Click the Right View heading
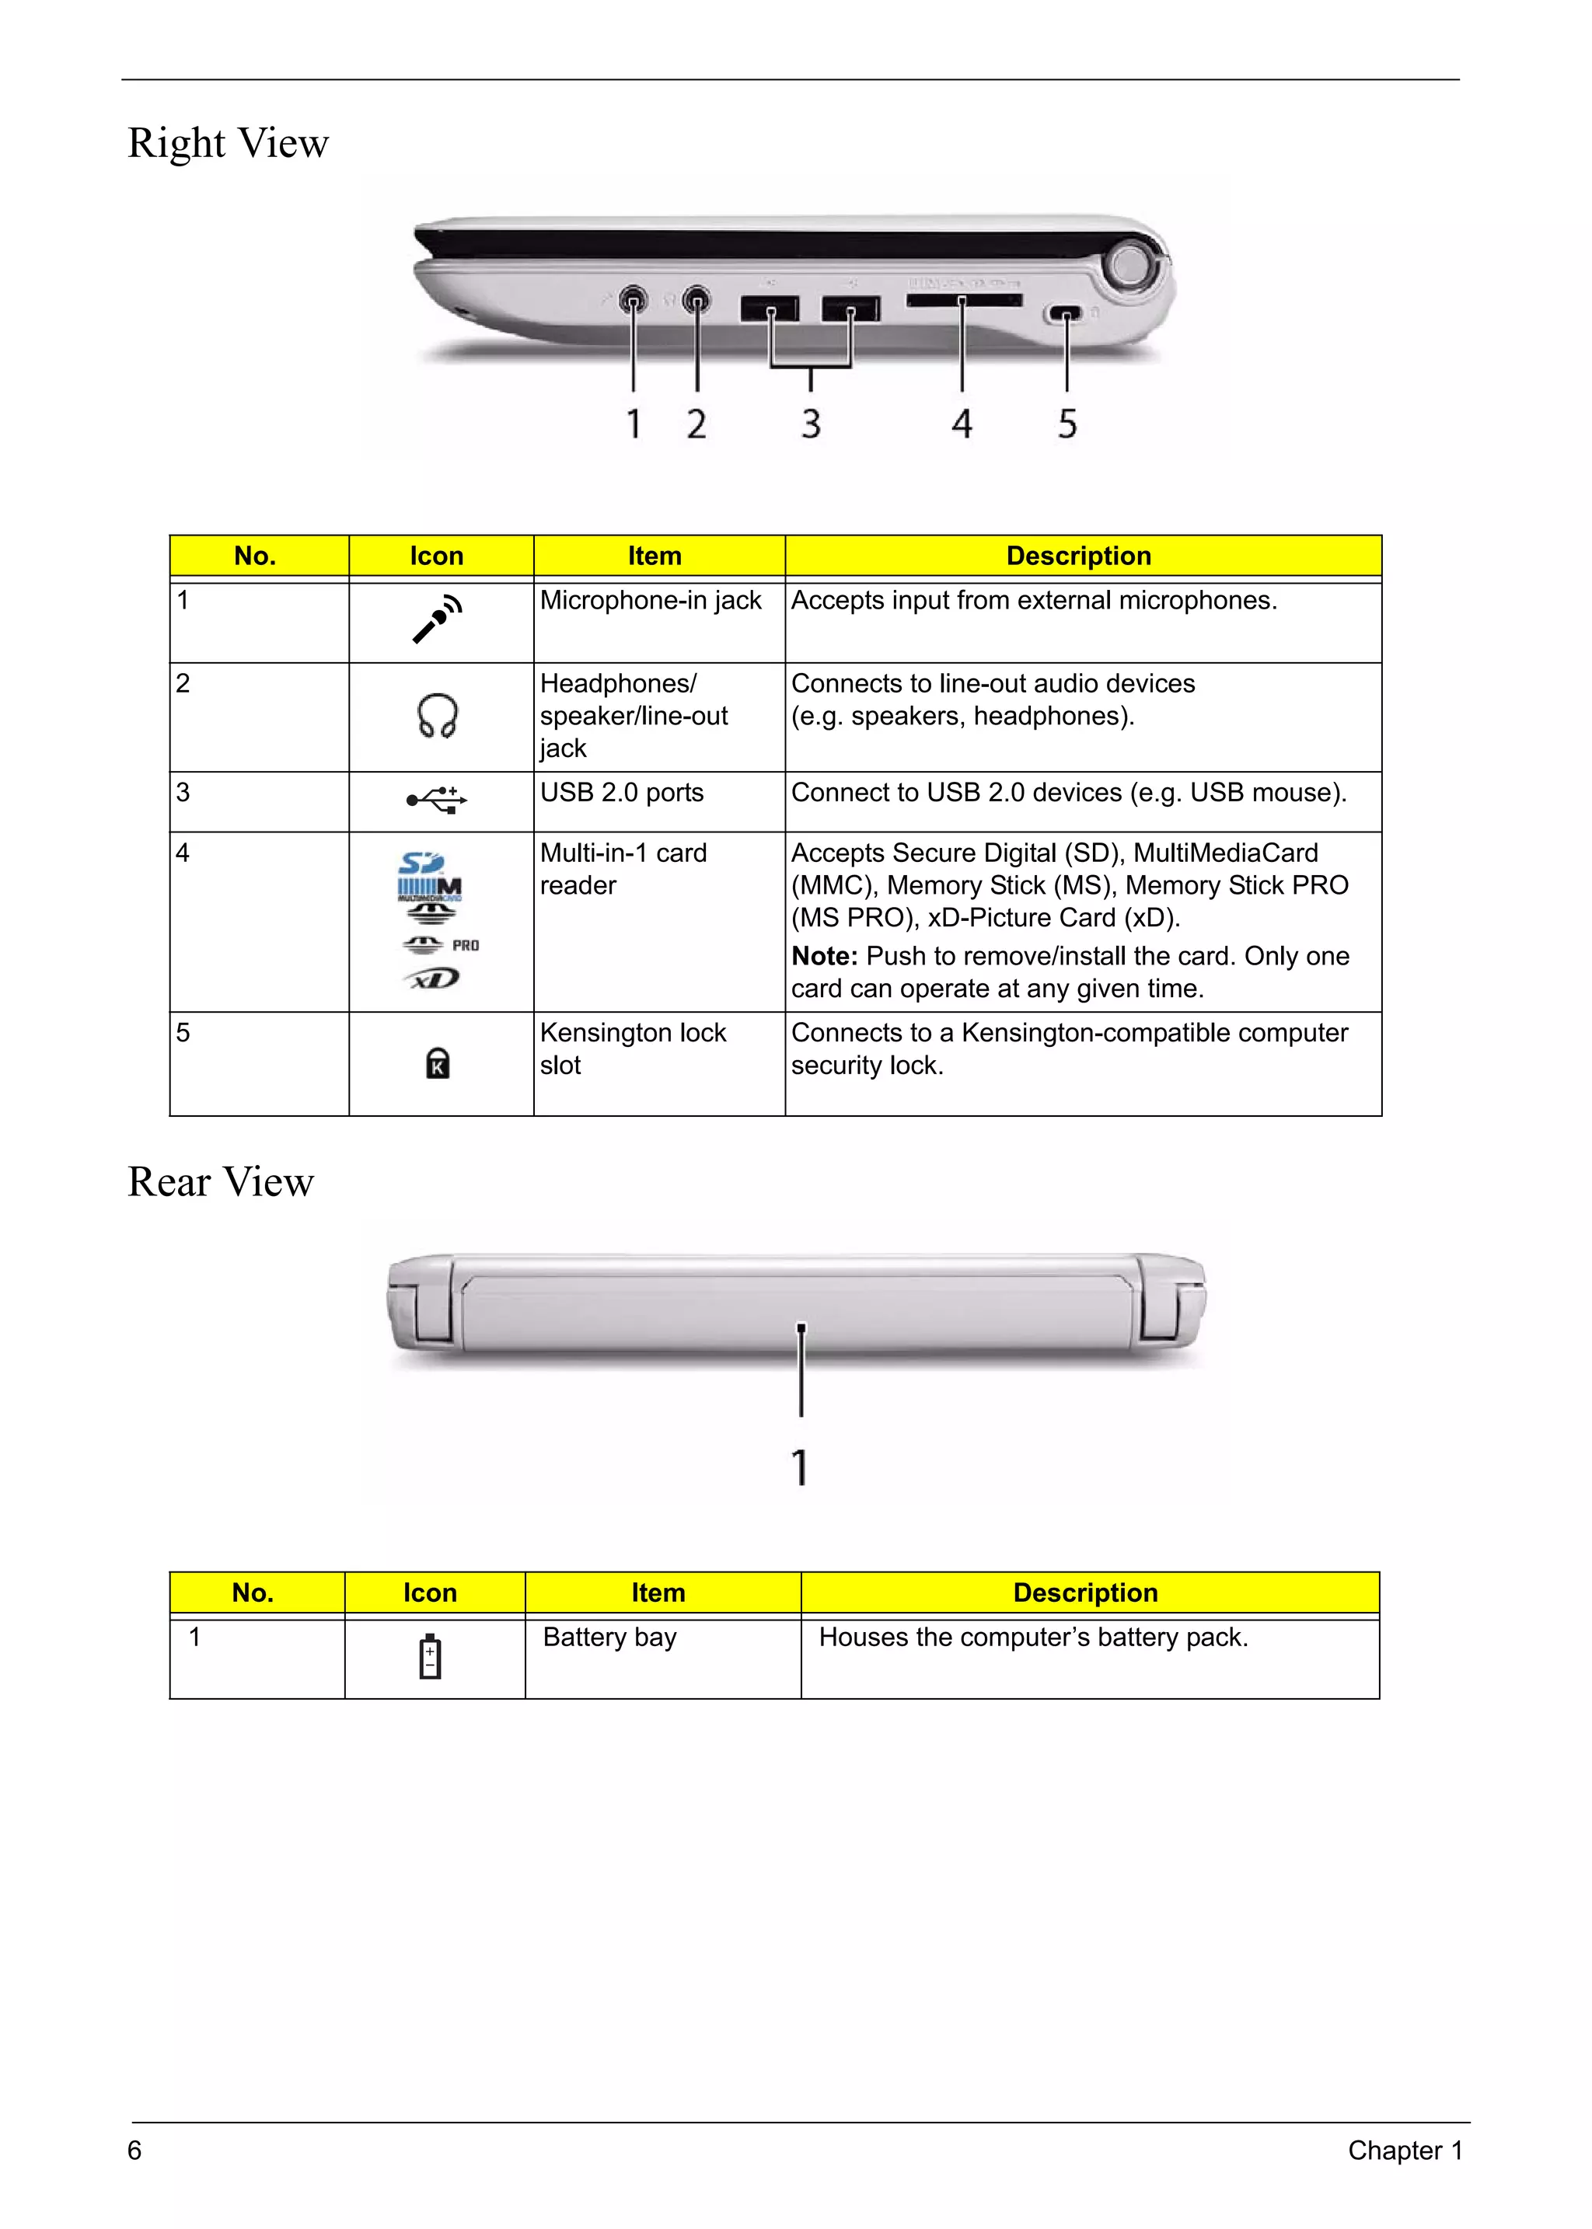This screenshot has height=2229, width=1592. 229,143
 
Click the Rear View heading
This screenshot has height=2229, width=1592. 221,1182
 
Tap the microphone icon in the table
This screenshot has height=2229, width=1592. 437,619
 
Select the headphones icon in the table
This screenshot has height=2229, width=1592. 437,717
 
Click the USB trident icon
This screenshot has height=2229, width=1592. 437,800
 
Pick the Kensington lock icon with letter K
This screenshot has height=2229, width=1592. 437,1062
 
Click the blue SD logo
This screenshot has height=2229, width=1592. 421,863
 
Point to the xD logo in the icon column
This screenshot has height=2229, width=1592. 431,979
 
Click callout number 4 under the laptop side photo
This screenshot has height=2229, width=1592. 962,424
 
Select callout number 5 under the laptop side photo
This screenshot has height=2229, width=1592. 1067,424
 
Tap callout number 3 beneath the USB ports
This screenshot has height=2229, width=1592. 811,424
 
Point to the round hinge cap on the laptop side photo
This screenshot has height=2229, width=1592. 1130,263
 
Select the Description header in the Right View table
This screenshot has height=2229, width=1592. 1078,556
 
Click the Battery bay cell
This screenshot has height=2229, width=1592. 609,1637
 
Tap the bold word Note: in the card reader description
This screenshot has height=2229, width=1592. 823,956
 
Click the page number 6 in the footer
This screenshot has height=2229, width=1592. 135,2151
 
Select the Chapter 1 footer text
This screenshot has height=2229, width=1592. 1405,2151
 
